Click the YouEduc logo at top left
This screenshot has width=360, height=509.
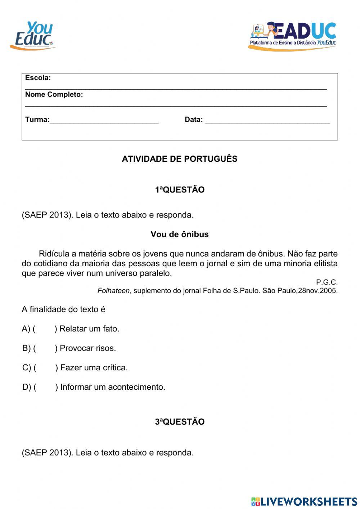(33, 36)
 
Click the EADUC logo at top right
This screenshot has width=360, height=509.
(292, 36)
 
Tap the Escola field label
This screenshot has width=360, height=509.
(38, 78)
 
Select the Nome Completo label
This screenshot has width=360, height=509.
(54, 95)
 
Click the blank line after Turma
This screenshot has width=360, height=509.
(104, 120)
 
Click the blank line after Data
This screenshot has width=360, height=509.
(267, 120)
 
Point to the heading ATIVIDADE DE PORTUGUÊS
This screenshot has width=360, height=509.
(180, 159)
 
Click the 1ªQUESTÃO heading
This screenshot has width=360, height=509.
(180, 190)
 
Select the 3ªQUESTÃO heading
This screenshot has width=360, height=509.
(180, 422)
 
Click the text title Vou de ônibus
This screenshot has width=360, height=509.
(180, 235)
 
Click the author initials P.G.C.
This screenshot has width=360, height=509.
(327, 282)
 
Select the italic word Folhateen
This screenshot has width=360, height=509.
(113, 291)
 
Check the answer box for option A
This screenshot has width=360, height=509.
(45, 329)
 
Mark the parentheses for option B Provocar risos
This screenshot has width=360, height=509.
(45, 348)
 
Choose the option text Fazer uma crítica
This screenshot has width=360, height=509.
(94, 368)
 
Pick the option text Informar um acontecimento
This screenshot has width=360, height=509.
(112, 387)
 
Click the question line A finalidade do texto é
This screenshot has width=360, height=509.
(63, 309)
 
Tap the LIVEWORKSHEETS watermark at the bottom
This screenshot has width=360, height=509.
(304, 501)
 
